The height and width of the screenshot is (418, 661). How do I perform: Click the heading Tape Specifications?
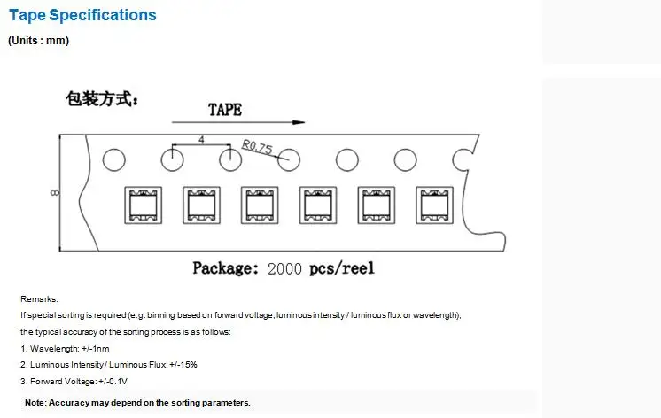click(x=82, y=15)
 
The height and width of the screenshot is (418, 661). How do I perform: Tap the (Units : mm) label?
click(x=38, y=41)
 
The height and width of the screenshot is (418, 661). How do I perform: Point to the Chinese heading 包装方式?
click(x=103, y=99)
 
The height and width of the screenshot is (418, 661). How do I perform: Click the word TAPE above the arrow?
click(x=224, y=110)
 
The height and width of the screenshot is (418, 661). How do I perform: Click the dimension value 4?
click(x=201, y=140)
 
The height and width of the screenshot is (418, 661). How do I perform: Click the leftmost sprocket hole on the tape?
click(x=114, y=160)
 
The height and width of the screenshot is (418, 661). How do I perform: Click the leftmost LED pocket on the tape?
click(x=143, y=205)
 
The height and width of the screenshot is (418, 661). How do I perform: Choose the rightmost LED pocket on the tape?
click(x=435, y=205)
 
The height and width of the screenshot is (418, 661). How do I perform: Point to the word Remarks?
click(x=39, y=299)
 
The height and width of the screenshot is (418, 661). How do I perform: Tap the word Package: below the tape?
click(x=226, y=267)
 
